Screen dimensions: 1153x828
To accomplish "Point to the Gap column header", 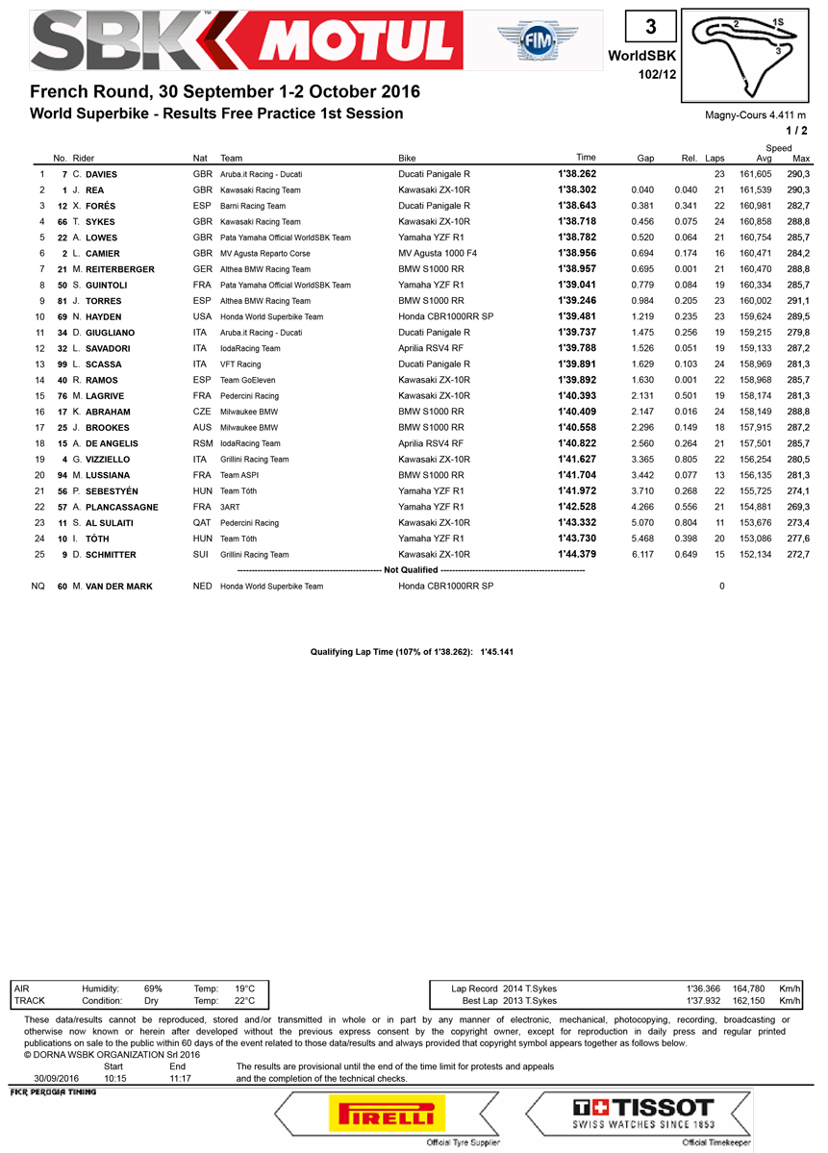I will [645, 158].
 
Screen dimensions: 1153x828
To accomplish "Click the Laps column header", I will [715, 158].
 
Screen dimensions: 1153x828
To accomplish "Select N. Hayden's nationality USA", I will [202, 317].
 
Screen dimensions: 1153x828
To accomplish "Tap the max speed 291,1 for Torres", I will [797, 301].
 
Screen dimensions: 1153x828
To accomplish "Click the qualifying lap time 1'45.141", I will [499, 651].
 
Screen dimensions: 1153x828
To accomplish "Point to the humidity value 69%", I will [153, 988].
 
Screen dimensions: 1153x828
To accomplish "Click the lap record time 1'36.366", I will [704, 988].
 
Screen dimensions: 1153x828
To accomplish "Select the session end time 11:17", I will [178, 1078].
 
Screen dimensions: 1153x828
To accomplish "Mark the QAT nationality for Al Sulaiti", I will [202, 523].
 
